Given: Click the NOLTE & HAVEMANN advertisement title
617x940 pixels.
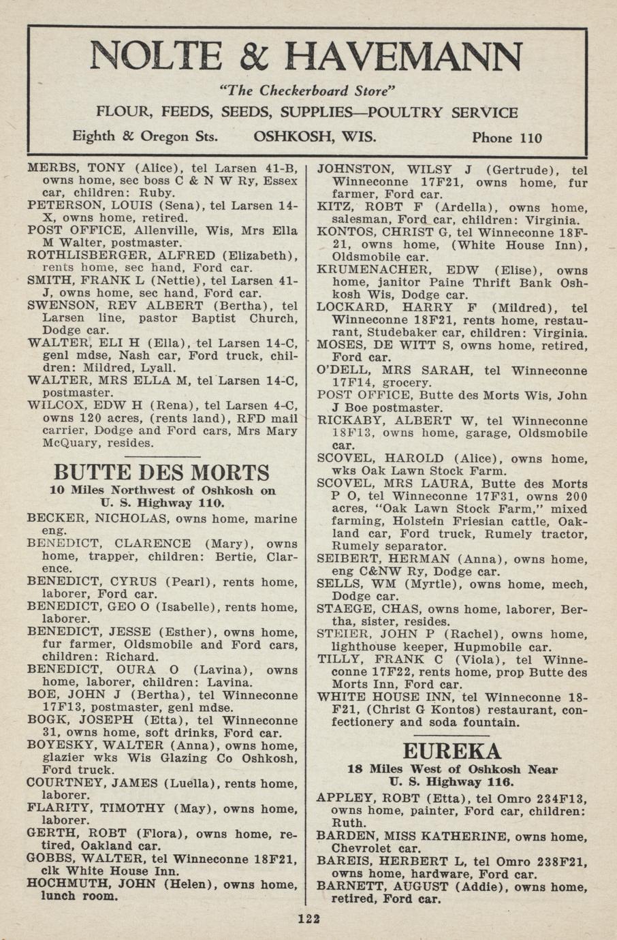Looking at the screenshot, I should pyautogui.click(x=306, y=57).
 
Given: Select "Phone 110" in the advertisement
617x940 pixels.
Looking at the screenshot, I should pyautogui.click(x=507, y=138).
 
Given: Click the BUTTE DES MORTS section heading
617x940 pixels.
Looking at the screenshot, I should pyautogui.click(x=161, y=472).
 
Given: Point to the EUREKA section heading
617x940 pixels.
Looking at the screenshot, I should pyautogui.click(x=452, y=751).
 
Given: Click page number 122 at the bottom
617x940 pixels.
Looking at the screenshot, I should pyautogui.click(x=308, y=919).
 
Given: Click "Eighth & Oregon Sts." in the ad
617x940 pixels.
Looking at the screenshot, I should pyautogui.click(x=145, y=136).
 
